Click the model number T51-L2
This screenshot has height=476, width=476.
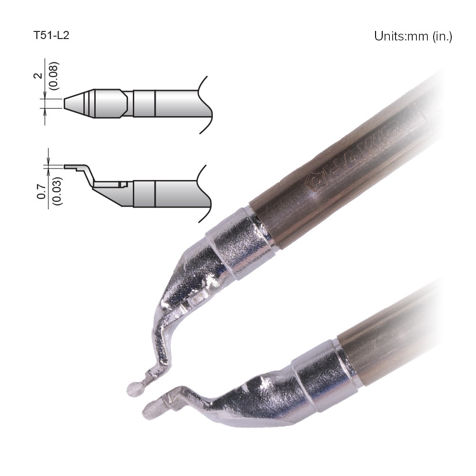[51, 36]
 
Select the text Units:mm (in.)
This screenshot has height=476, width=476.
[413, 37]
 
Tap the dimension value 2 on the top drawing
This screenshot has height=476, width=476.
[38, 76]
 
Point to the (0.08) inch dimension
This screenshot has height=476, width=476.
[54, 76]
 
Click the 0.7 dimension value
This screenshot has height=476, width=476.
[41, 192]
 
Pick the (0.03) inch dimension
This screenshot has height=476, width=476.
[57, 191]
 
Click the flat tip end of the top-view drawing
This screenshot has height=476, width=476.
[64, 103]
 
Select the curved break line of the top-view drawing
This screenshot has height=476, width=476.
[206, 105]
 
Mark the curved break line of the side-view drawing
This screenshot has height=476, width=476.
[205, 194]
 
